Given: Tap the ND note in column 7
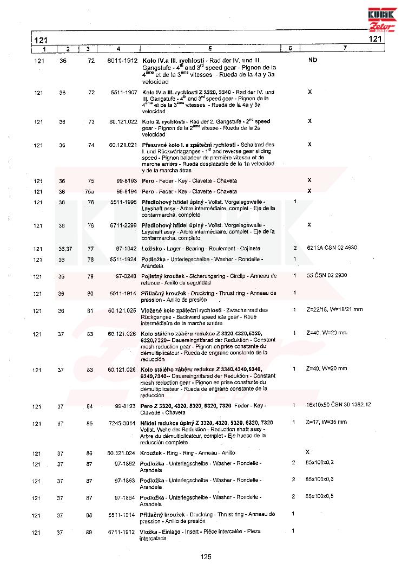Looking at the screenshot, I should click(x=312, y=60).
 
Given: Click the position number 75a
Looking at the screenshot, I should click(x=90, y=191).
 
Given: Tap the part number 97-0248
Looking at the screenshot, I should click(x=126, y=276).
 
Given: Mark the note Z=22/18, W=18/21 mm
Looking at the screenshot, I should click(x=334, y=310).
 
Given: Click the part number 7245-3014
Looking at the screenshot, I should click(x=123, y=422).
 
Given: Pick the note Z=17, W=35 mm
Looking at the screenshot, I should click(x=326, y=422).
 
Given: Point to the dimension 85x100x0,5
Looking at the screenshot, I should click(x=320, y=496).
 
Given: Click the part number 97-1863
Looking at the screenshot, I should click(x=125, y=481).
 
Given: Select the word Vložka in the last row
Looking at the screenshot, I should click(x=150, y=533).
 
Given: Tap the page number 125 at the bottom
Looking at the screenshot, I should click(x=205, y=556).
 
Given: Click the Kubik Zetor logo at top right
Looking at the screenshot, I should click(x=382, y=18).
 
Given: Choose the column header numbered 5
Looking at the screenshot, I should click(x=209, y=49).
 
